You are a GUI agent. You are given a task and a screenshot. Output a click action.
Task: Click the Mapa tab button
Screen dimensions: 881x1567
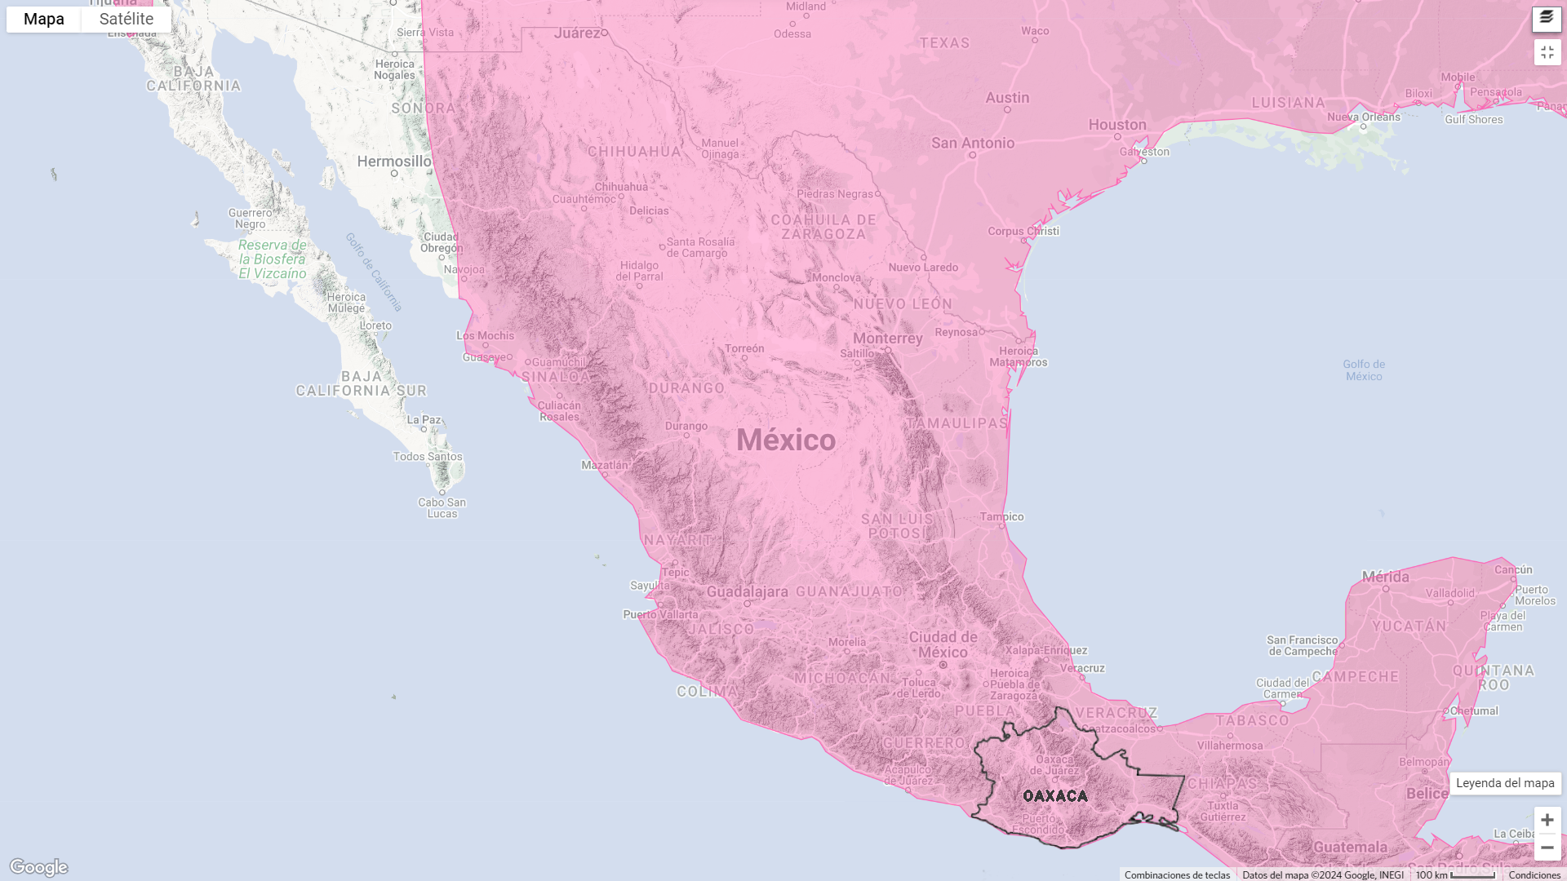pyautogui.click(x=44, y=19)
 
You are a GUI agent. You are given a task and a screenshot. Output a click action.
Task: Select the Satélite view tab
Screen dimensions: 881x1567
pyautogui.click(x=127, y=19)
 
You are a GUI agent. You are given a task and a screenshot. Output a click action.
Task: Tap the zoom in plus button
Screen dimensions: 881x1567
pyautogui.click(x=1547, y=820)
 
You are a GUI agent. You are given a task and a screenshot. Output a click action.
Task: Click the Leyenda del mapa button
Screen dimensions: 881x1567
pyautogui.click(x=1505, y=783)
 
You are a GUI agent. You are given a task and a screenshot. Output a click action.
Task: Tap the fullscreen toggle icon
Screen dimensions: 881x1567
pyautogui.click(x=1547, y=52)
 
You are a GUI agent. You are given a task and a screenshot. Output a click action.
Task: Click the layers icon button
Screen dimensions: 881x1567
pyautogui.click(x=1547, y=18)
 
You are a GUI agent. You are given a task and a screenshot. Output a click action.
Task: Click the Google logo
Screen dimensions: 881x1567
pyautogui.click(x=38, y=867)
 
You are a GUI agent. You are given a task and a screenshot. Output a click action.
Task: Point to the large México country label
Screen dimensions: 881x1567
pyautogui.click(x=786, y=440)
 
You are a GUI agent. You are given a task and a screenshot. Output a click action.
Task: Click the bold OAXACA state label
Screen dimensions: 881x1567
pyautogui.click(x=1055, y=795)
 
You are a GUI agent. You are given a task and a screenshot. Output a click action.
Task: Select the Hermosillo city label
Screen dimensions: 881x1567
pyautogui.click(x=394, y=162)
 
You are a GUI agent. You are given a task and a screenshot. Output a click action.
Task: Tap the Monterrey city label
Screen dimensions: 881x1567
pyautogui.click(x=887, y=339)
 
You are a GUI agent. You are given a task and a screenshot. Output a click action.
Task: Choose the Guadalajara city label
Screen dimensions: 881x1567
pyautogui.click(x=747, y=592)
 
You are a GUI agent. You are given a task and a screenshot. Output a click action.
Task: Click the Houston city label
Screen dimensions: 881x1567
pyautogui.click(x=1117, y=125)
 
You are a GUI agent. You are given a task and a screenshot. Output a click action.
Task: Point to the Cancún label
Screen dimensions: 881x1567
pyautogui.click(x=1513, y=569)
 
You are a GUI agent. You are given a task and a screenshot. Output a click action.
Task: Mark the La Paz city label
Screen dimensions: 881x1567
pyautogui.click(x=424, y=420)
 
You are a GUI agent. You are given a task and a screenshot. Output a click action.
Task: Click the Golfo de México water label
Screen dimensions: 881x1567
pyautogui.click(x=1364, y=370)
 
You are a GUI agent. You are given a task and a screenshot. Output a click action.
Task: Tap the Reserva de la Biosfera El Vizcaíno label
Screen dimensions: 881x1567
pyautogui.click(x=273, y=259)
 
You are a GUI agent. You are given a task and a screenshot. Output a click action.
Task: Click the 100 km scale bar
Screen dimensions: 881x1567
pyautogui.click(x=1455, y=874)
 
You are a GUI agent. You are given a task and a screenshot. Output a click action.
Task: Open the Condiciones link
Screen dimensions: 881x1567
pyautogui.click(x=1534, y=874)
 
